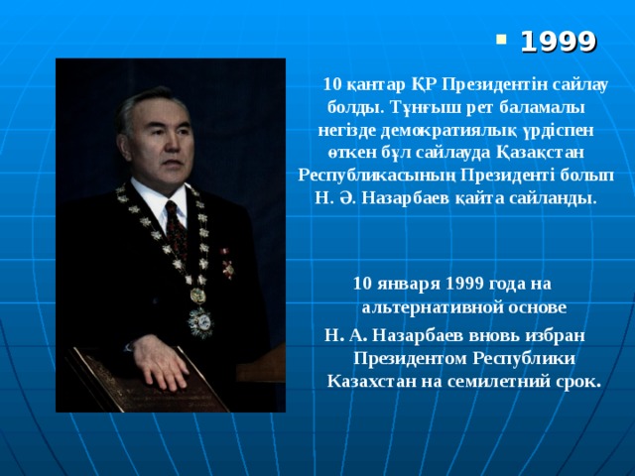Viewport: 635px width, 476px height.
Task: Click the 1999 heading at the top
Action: tap(559, 42)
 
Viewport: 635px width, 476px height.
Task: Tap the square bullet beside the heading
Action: tap(501, 41)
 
